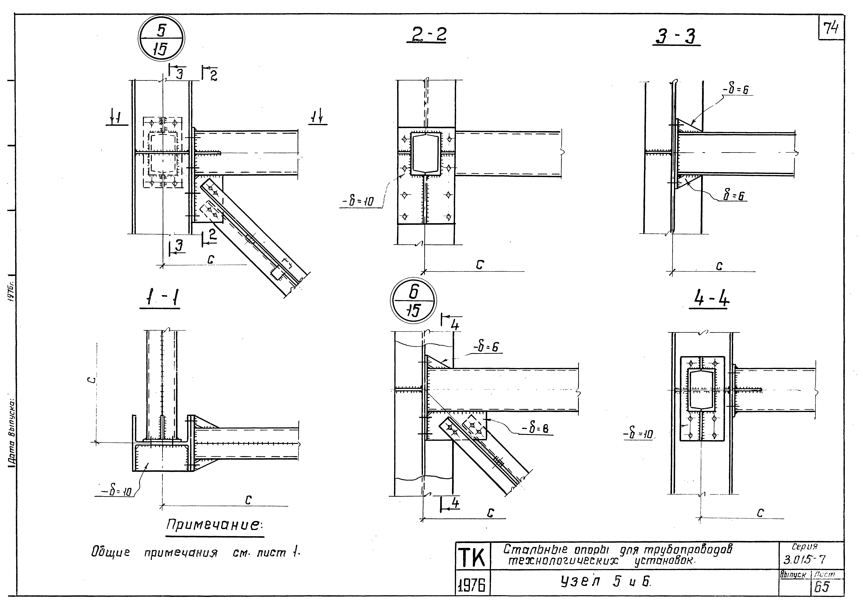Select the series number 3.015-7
(x=804, y=560)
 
